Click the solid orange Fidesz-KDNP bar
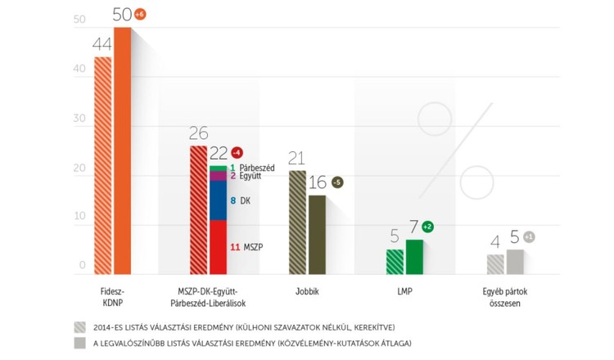coord(122,151)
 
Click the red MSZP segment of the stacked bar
coord(218,246)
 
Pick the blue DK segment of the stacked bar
coord(218,200)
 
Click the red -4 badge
coord(237,153)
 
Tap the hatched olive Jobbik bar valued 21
coord(297,222)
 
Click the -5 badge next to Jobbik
coord(336,182)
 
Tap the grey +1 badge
coord(529,237)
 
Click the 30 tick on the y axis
coord(79,119)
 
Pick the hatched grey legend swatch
coord(79,325)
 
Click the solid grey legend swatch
coord(79,342)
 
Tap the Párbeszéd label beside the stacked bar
coord(257,167)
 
